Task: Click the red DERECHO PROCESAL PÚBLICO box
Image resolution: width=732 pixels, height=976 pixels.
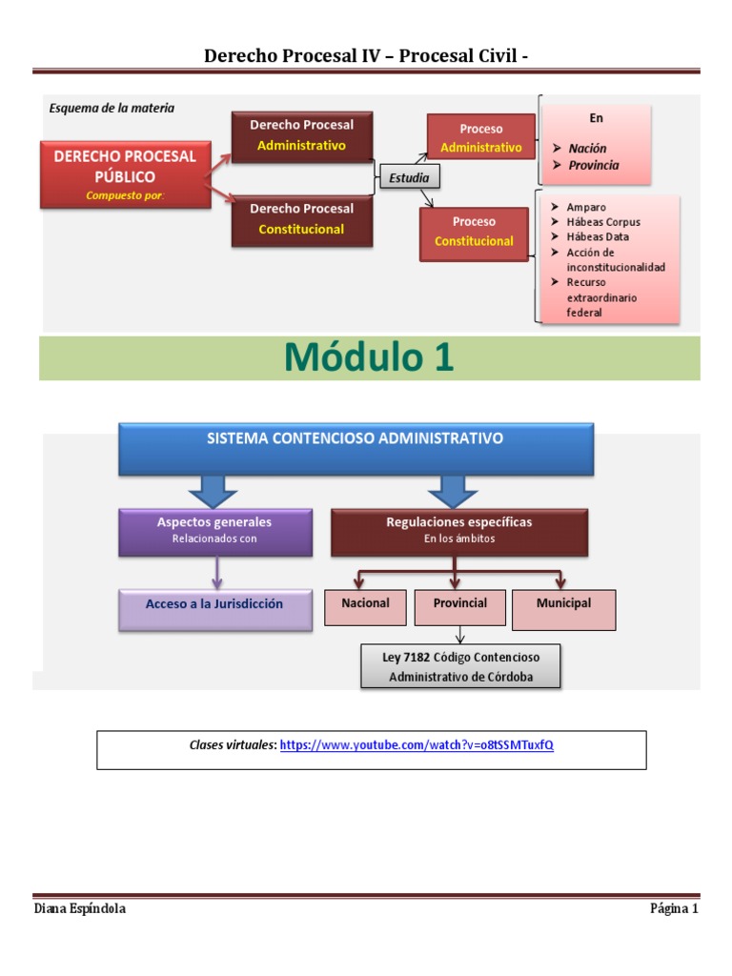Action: pyautogui.click(x=125, y=174)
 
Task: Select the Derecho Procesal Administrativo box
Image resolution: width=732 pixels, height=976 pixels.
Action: pyautogui.click(x=301, y=135)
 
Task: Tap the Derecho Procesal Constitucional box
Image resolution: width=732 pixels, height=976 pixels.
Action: pyautogui.click(x=301, y=219)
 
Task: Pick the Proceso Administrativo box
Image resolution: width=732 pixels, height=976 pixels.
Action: pyautogui.click(x=480, y=138)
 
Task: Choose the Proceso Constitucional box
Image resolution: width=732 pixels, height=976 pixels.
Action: pyautogui.click(x=474, y=232)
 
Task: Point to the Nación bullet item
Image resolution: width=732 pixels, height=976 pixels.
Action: pyautogui.click(x=587, y=149)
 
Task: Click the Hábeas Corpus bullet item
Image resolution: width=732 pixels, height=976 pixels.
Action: pyautogui.click(x=603, y=222)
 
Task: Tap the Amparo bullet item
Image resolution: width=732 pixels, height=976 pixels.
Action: pyautogui.click(x=585, y=207)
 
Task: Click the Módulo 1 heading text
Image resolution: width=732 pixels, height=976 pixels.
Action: pyautogui.click(x=369, y=358)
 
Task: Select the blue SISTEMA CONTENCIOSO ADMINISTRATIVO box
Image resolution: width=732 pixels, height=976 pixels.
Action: pyautogui.click(x=356, y=449)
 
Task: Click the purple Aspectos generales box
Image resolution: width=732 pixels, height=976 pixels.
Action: pyautogui.click(x=214, y=531)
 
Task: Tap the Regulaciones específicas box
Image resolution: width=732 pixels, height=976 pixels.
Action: pyautogui.click(x=458, y=531)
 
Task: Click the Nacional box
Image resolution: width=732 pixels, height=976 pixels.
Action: pyautogui.click(x=365, y=607)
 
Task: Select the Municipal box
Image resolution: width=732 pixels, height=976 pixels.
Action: pyautogui.click(x=563, y=609)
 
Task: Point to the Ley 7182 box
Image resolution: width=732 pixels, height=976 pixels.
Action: pyautogui.click(x=459, y=667)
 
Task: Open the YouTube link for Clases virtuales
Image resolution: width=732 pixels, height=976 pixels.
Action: pyautogui.click(x=417, y=745)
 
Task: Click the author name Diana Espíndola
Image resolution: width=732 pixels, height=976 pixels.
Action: pyautogui.click(x=79, y=908)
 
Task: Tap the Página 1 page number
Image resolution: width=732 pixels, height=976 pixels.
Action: pyautogui.click(x=674, y=908)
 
